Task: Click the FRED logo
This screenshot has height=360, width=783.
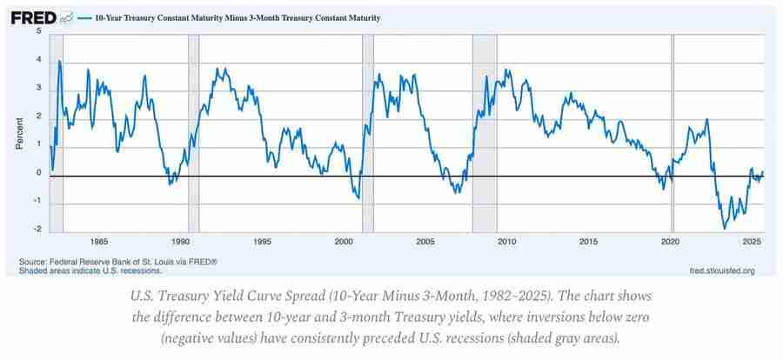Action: (33, 17)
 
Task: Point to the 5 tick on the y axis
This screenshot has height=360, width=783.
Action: (38, 31)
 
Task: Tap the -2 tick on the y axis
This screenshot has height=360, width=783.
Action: (37, 230)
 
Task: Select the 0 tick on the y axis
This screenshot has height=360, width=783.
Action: (38, 173)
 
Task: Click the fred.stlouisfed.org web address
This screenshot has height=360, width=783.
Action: (721, 270)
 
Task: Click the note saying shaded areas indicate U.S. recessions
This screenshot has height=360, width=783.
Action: (90, 270)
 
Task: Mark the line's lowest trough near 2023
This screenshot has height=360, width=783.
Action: (724, 228)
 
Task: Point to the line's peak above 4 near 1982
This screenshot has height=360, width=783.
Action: (59, 61)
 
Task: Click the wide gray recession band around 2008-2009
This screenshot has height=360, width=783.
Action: (484, 130)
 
